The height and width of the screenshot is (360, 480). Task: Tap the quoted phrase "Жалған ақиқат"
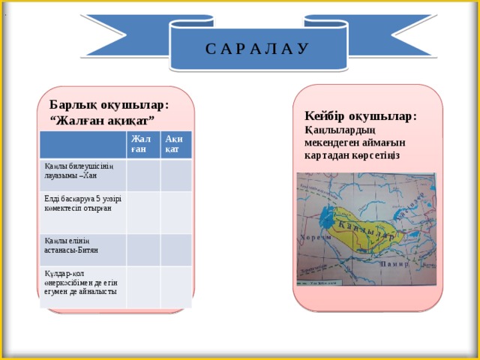point(102,120)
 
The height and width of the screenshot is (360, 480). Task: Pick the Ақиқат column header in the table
point(175,145)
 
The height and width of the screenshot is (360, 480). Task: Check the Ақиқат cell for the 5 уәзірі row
point(176,211)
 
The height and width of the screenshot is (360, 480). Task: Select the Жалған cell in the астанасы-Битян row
point(143,249)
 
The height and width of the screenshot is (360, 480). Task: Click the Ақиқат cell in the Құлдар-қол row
point(176,286)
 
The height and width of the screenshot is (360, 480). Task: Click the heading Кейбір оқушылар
point(361,116)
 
